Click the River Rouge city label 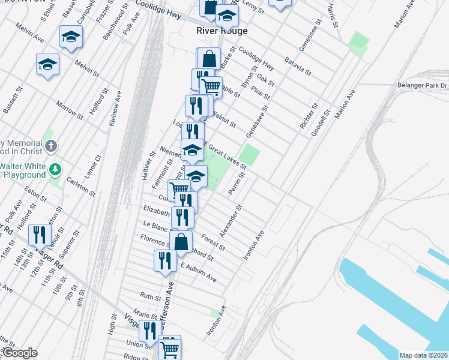click(x=222, y=31)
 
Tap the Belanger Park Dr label click(x=423, y=86)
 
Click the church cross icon click(x=52, y=145)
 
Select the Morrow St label click(x=69, y=108)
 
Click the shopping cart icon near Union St click(x=170, y=347)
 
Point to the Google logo click(x=20, y=353)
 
